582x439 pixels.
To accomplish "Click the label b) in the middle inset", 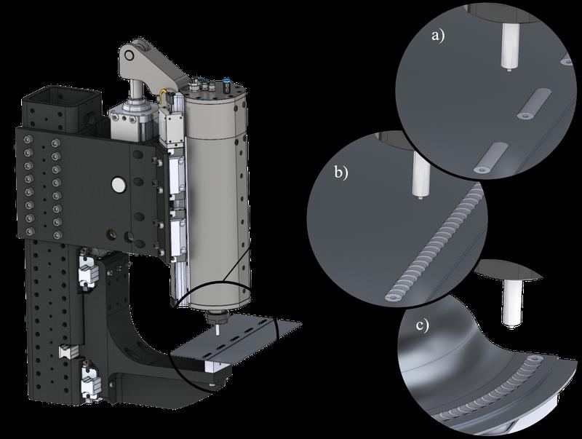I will tap(341, 173).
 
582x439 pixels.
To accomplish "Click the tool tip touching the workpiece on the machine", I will tap(217, 331).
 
